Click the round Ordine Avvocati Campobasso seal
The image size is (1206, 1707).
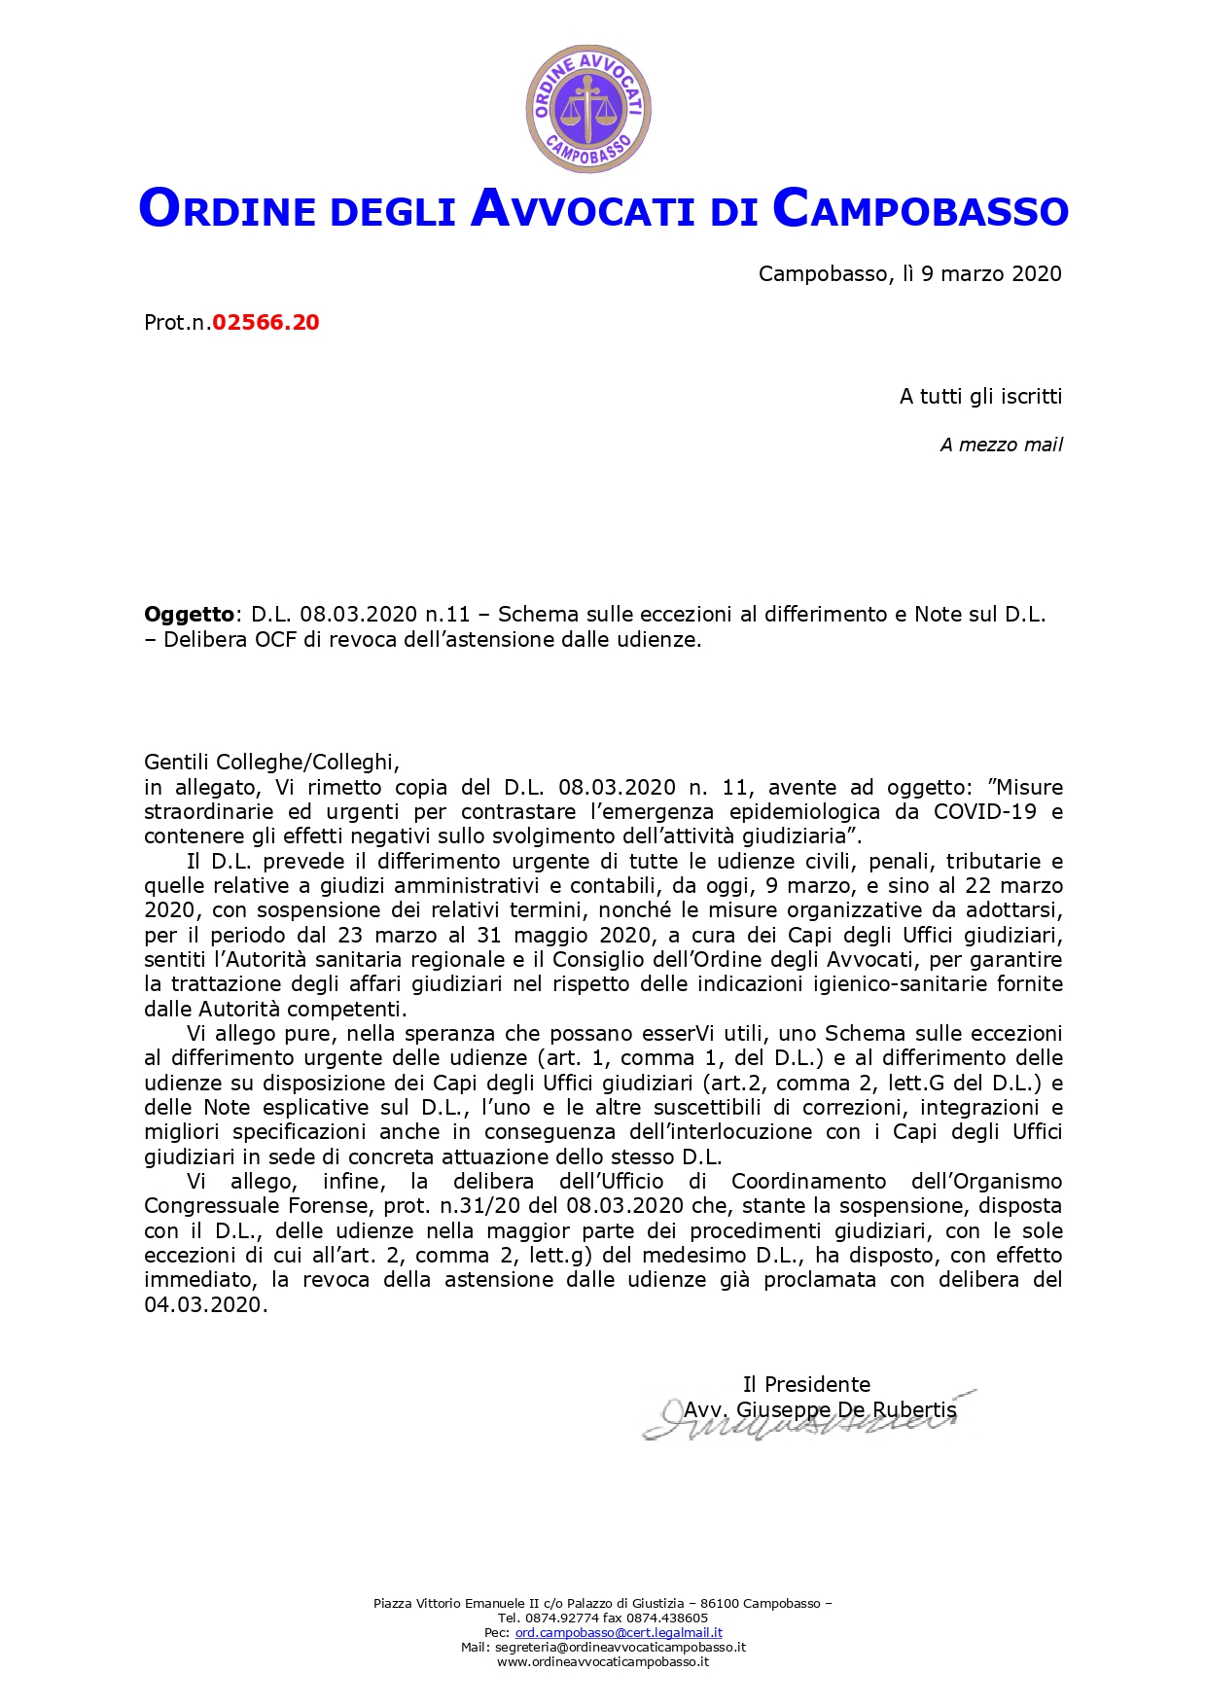(587, 109)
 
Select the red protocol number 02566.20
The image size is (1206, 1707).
(266, 323)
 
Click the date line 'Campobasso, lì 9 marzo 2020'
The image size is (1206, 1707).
(909, 274)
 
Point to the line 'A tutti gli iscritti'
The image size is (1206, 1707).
(980, 397)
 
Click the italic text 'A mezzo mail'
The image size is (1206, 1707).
(1001, 445)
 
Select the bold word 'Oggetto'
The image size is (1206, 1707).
(189, 615)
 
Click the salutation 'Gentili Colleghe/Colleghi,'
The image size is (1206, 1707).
(271, 763)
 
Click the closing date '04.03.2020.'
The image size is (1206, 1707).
(205, 1305)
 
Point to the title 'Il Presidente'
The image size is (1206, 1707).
(806, 1385)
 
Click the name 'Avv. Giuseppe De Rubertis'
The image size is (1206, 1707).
(820, 1410)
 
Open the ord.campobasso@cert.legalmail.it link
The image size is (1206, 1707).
(619, 1633)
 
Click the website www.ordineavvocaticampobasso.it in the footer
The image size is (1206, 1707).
(603, 1662)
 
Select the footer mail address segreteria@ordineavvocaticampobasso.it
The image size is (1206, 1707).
(620, 1648)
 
